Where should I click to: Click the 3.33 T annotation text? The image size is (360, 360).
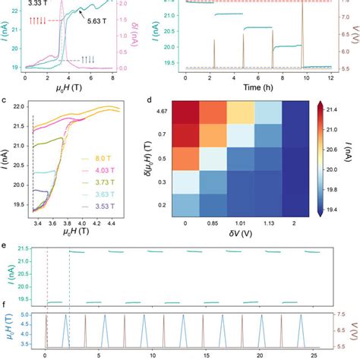37,4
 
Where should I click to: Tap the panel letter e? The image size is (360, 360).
6,246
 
